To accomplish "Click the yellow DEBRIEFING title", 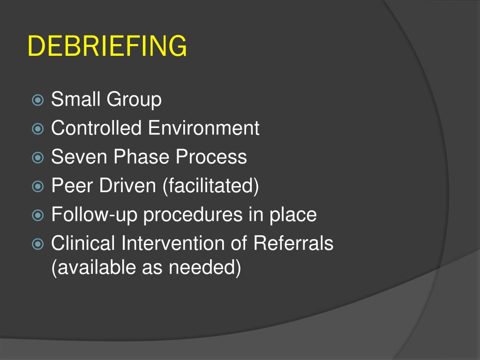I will coord(107,46).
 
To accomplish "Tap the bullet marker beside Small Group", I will coord(38,100).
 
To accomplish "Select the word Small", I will coord(76,99).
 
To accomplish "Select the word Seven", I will coord(78,157).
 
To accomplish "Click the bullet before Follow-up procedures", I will coord(38,216).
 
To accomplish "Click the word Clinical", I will coord(83,243).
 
